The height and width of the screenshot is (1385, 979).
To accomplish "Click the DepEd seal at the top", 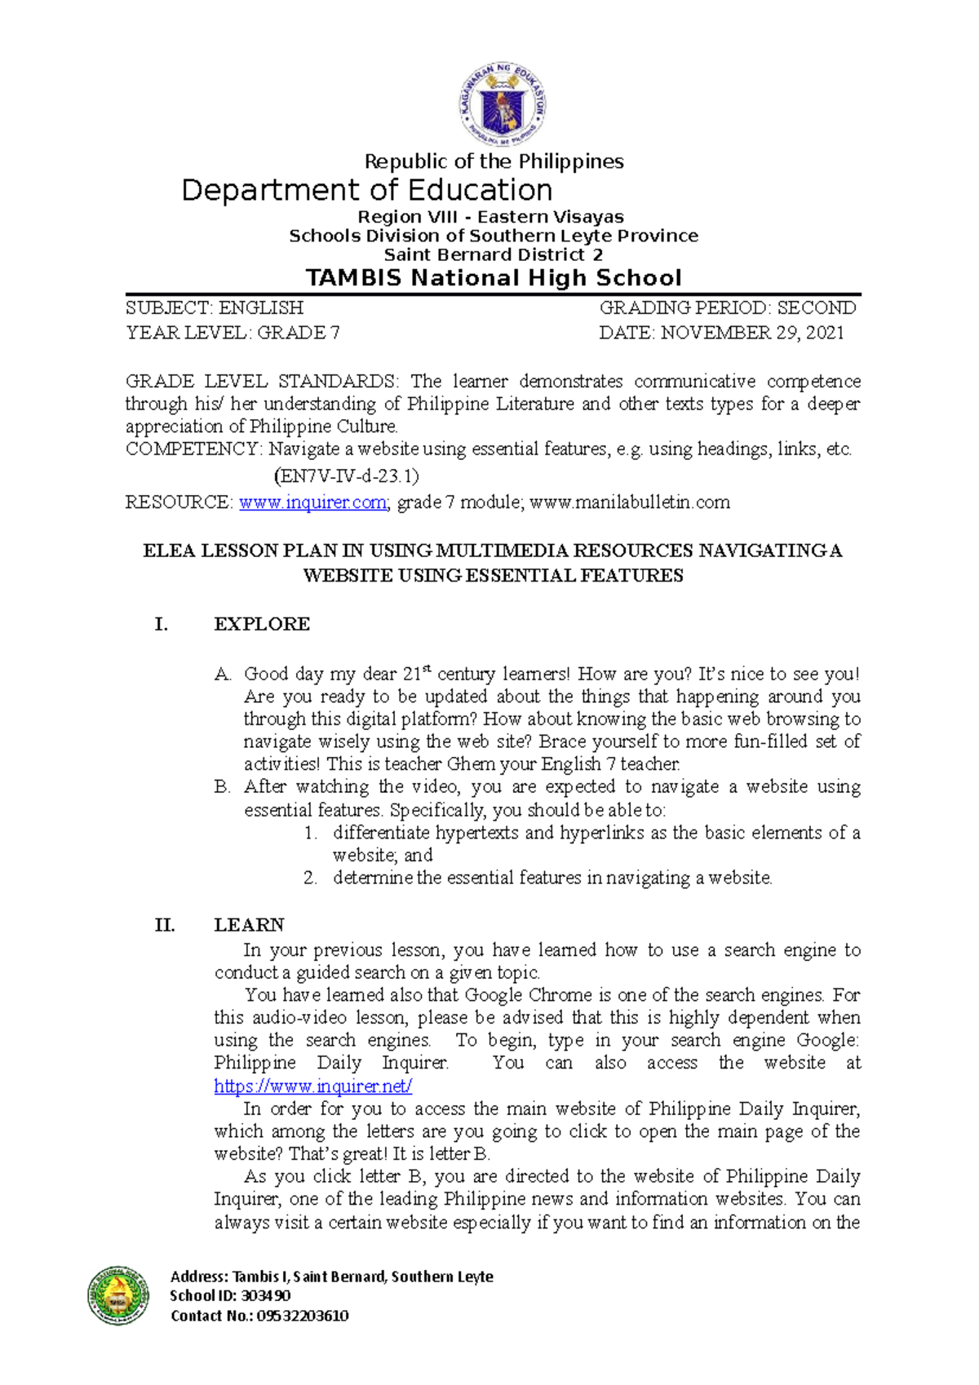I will [502, 105].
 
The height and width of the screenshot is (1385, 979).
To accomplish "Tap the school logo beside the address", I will [118, 1295].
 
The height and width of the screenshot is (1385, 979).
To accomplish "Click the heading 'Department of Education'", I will [367, 190].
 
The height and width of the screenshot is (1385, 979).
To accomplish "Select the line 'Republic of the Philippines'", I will [494, 162].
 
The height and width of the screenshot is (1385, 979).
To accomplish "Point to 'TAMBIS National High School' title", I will [493, 278].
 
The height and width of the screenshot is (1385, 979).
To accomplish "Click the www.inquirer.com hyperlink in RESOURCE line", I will [312, 502].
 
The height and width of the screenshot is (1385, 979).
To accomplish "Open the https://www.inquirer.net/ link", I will [312, 1086].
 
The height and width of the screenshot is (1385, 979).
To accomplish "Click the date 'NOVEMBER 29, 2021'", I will [751, 333].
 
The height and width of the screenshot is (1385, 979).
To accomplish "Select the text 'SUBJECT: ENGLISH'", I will [215, 308].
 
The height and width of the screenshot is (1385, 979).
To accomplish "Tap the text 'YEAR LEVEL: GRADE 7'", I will [233, 333].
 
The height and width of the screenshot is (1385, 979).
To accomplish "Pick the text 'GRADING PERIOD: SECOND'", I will [728, 308].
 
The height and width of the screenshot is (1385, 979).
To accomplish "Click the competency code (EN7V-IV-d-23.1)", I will [347, 476].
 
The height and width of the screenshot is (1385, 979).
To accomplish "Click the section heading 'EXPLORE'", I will [262, 624].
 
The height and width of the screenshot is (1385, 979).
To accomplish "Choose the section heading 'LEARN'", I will [249, 925].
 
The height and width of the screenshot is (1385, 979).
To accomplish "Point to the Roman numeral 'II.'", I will [164, 925].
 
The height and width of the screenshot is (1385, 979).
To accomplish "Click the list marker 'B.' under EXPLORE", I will [223, 787].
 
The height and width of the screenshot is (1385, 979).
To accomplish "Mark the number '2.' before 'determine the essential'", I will [310, 878].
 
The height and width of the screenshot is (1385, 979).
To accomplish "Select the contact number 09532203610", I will [303, 1316].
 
